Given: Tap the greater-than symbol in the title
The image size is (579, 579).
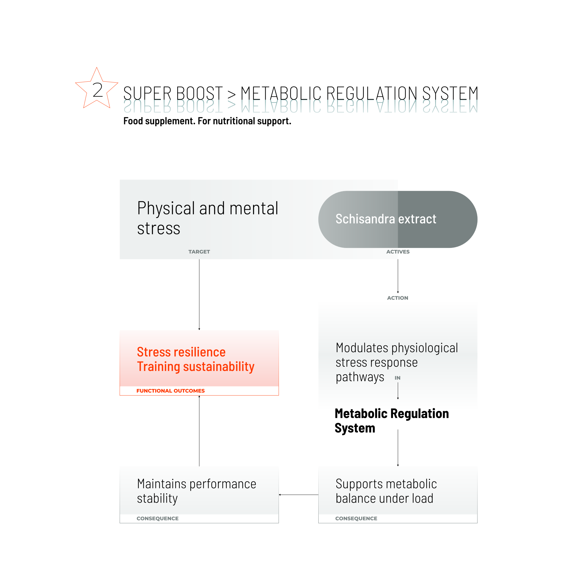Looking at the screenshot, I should click(x=231, y=94).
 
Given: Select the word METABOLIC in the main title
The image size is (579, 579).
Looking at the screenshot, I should click(x=281, y=93).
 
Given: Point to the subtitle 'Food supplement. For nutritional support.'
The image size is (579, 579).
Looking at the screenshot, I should click(x=207, y=121).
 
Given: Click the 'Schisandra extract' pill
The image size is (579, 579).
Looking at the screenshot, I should click(x=397, y=219).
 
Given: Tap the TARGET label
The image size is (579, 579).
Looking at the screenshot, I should click(x=199, y=252).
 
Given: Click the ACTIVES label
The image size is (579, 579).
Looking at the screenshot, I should click(x=398, y=252).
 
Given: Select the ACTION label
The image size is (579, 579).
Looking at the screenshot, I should click(x=397, y=298).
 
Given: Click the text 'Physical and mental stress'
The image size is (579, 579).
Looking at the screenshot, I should click(x=208, y=218).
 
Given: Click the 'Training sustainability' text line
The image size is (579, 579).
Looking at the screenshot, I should click(x=195, y=366).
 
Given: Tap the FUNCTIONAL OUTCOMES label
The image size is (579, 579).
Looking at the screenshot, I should click(x=170, y=391).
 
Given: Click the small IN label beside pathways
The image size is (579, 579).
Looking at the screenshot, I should click(x=397, y=378).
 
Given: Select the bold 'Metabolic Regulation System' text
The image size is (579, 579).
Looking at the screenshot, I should click(x=391, y=421).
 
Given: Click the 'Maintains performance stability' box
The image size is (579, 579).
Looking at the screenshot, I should click(x=199, y=491).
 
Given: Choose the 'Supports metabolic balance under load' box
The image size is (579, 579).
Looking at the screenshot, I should click(x=398, y=491).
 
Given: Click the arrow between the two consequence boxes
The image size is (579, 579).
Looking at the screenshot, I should click(x=299, y=495).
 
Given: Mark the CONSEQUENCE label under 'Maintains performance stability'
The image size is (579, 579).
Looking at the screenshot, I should click(x=157, y=518).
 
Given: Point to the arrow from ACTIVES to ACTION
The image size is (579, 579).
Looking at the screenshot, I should click(x=398, y=276).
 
